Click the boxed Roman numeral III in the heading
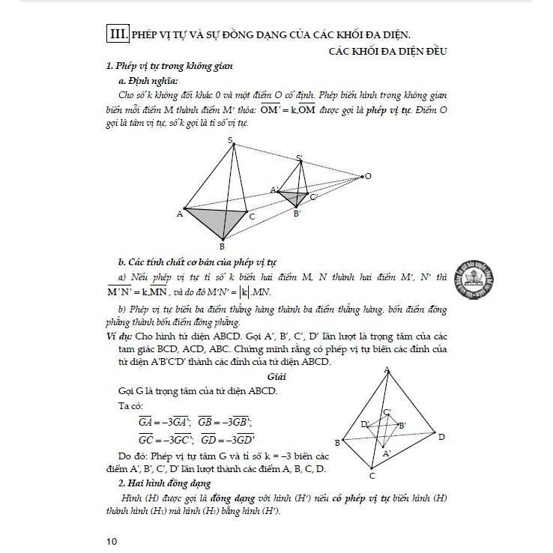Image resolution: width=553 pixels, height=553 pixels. tap(118, 34)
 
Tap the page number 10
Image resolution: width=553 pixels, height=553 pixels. tap(112, 539)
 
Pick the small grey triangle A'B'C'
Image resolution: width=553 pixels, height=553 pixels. tap(294, 197)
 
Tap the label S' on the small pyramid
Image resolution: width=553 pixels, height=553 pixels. tap(299, 158)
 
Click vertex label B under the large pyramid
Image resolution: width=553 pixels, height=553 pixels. tap(222, 246)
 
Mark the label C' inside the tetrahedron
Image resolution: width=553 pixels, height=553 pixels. tap(387, 412)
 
